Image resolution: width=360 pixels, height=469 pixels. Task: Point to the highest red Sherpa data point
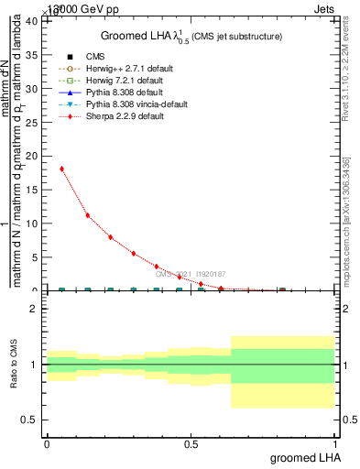click(61, 169)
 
